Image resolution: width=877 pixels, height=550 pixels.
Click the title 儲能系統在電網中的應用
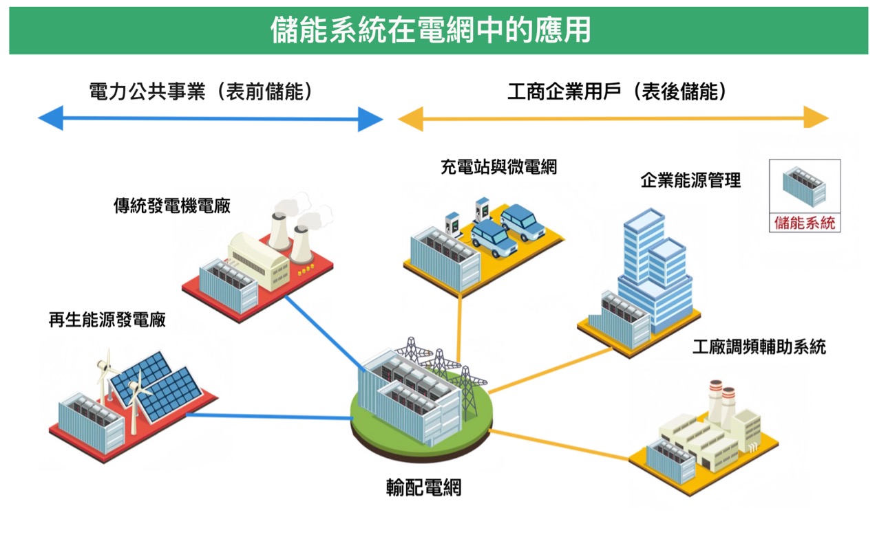click(431, 30)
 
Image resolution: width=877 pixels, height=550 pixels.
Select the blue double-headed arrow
click(210, 118)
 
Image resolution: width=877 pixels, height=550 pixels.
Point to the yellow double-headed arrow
click(613, 118)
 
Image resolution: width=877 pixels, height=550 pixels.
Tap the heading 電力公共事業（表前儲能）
click(200, 92)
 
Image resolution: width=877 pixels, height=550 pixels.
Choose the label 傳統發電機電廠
click(171, 206)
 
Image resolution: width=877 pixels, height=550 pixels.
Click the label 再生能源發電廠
click(107, 320)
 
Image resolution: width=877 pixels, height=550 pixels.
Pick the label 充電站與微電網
click(498, 166)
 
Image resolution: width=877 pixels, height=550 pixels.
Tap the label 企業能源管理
click(690, 181)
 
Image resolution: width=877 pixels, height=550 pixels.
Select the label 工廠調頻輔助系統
click(759, 346)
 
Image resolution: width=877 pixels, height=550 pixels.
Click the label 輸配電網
click(423, 487)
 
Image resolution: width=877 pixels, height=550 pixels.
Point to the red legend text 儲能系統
click(805, 222)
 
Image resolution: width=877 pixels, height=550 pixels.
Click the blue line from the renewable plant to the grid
click(268, 416)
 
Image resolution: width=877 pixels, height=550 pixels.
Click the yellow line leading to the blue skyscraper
click(551, 371)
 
